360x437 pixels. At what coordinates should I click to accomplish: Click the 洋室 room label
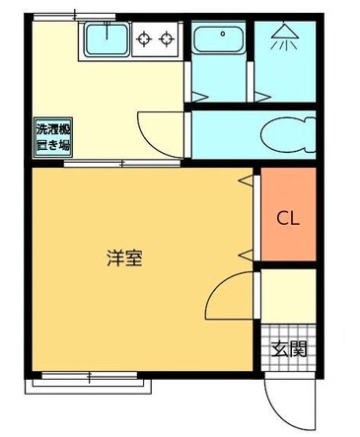tap(124, 258)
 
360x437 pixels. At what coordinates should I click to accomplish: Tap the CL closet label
tap(287, 216)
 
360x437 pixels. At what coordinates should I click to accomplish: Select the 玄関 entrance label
tap(290, 348)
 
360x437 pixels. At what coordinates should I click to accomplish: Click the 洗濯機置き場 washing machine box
tap(54, 135)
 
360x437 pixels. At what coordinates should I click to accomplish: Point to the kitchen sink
tap(104, 41)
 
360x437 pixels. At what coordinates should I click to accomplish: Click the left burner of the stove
tap(144, 40)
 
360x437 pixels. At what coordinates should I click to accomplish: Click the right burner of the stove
tap(166, 40)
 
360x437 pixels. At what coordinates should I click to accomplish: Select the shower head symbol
tap(283, 37)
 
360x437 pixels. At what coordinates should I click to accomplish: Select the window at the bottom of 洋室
tap(88, 376)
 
